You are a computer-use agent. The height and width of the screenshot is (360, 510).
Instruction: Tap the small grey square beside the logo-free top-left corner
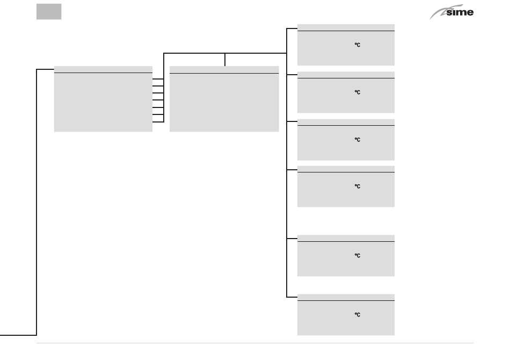tap(49, 12)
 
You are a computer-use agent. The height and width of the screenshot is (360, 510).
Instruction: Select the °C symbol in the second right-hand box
tap(356, 92)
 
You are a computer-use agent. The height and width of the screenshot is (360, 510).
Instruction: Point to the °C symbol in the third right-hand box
tap(356, 140)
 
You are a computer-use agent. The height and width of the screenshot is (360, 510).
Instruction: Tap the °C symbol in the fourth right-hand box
tap(356, 186)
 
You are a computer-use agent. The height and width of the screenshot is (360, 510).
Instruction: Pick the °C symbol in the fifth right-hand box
tap(356, 256)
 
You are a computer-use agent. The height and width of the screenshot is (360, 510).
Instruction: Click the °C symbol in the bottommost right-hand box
tap(356, 315)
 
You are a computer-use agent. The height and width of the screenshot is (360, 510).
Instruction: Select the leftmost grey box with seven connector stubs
tap(103, 102)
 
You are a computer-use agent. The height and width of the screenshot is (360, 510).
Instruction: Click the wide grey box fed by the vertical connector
tap(224, 102)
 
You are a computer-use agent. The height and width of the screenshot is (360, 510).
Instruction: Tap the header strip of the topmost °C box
tap(346, 27)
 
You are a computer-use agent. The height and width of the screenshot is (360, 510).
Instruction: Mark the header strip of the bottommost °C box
tap(346, 297)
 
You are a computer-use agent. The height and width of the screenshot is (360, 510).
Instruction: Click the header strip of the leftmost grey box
tap(103, 69)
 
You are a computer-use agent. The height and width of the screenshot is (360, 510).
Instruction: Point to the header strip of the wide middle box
tap(224, 69)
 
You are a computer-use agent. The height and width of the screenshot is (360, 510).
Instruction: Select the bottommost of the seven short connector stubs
tap(158, 122)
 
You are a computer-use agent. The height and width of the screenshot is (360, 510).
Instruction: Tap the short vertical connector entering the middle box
tap(224, 60)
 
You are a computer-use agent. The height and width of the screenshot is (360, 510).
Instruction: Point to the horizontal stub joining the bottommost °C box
tap(292, 297)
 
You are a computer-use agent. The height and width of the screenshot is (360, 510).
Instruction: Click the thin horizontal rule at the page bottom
tap(255, 343)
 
